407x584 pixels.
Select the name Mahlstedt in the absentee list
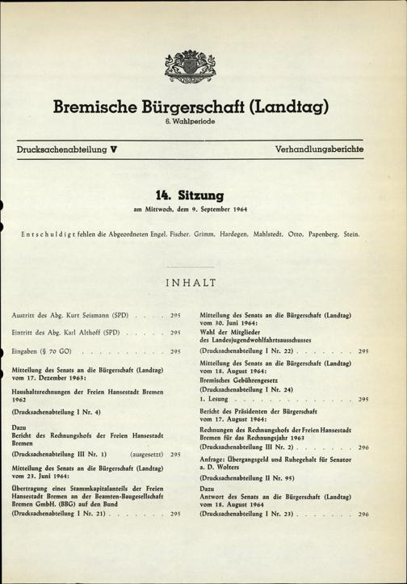pyautogui.click(x=269, y=234)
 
